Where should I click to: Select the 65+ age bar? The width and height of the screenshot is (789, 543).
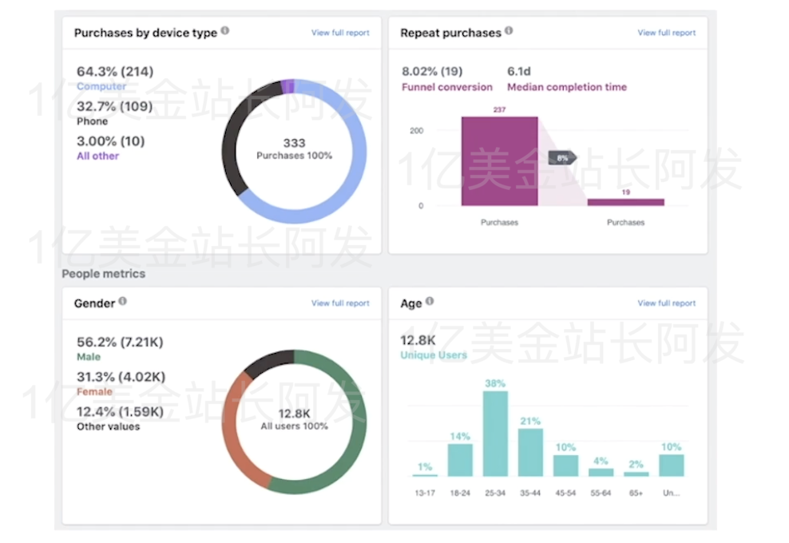tap(636, 474)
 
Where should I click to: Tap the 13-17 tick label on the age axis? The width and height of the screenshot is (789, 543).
tap(425, 493)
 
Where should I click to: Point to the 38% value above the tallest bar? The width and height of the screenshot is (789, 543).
tap(495, 383)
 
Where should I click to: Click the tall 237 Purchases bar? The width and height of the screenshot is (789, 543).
tap(499, 161)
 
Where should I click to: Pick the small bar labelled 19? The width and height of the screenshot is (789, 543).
tap(625, 202)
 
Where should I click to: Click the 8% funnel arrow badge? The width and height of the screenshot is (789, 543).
tap(562, 158)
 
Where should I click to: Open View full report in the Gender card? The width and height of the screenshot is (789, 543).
tap(340, 303)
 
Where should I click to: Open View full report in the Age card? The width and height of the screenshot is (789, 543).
tap(666, 303)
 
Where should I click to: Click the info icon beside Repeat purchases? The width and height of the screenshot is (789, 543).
tap(509, 31)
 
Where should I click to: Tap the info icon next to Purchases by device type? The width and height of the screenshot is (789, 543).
tap(225, 31)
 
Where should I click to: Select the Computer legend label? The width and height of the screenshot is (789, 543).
tap(101, 86)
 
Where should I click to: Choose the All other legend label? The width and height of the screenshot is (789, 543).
tap(97, 156)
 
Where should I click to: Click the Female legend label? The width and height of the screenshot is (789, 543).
tap(94, 392)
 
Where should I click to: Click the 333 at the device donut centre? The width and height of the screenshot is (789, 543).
tap(294, 143)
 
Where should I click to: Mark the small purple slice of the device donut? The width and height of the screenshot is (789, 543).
tap(288, 85)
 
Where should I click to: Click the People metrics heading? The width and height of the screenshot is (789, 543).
tap(104, 274)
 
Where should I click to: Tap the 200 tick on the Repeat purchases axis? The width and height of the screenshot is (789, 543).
tap(417, 130)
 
